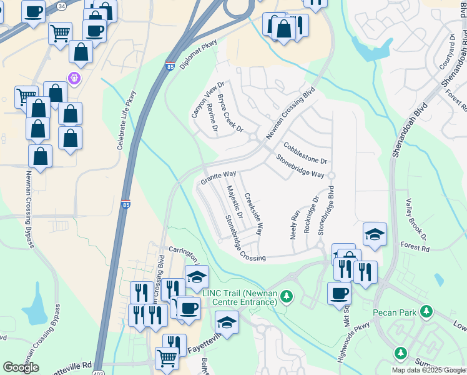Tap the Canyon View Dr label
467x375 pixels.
[x=199, y=100]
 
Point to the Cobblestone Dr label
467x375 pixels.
[x=305, y=152]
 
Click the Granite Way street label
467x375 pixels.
[x=218, y=177]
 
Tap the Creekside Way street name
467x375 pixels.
[x=253, y=212]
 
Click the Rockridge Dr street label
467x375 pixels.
[x=311, y=215]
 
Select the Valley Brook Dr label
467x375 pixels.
[x=416, y=219]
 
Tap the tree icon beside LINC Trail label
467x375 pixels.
[x=287, y=295]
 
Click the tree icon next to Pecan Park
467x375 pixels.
[x=426, y=311]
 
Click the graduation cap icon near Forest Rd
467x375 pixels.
[x=375, y=234]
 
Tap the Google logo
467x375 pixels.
[x=21, y=367]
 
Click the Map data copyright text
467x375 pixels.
[x=428, y=370]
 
